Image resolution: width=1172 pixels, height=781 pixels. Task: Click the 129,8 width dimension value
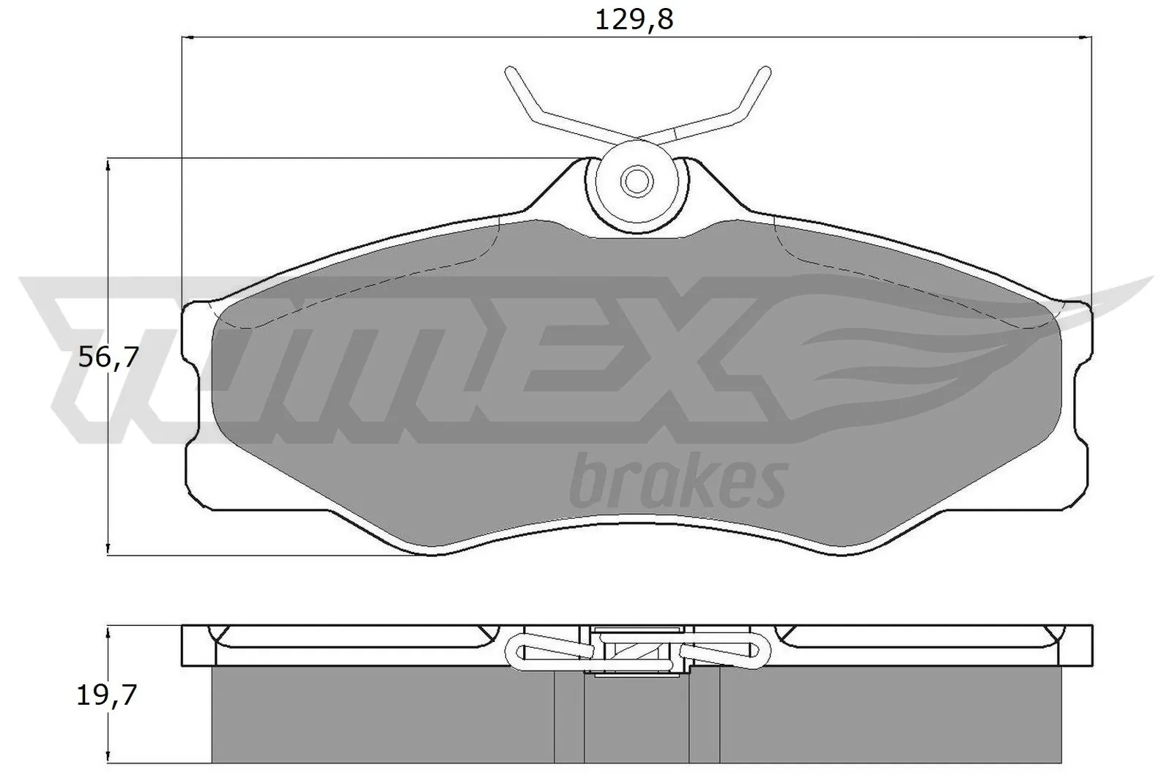click(x=634, y=20)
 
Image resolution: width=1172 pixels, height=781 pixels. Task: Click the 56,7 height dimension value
click(x=108, y=359)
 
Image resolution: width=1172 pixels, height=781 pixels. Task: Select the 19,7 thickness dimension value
click(x=106, y=695)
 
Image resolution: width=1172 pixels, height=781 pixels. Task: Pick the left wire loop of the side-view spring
click(x=519, y=650)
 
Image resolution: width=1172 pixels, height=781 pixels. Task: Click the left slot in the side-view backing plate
click(x=352, y=636)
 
